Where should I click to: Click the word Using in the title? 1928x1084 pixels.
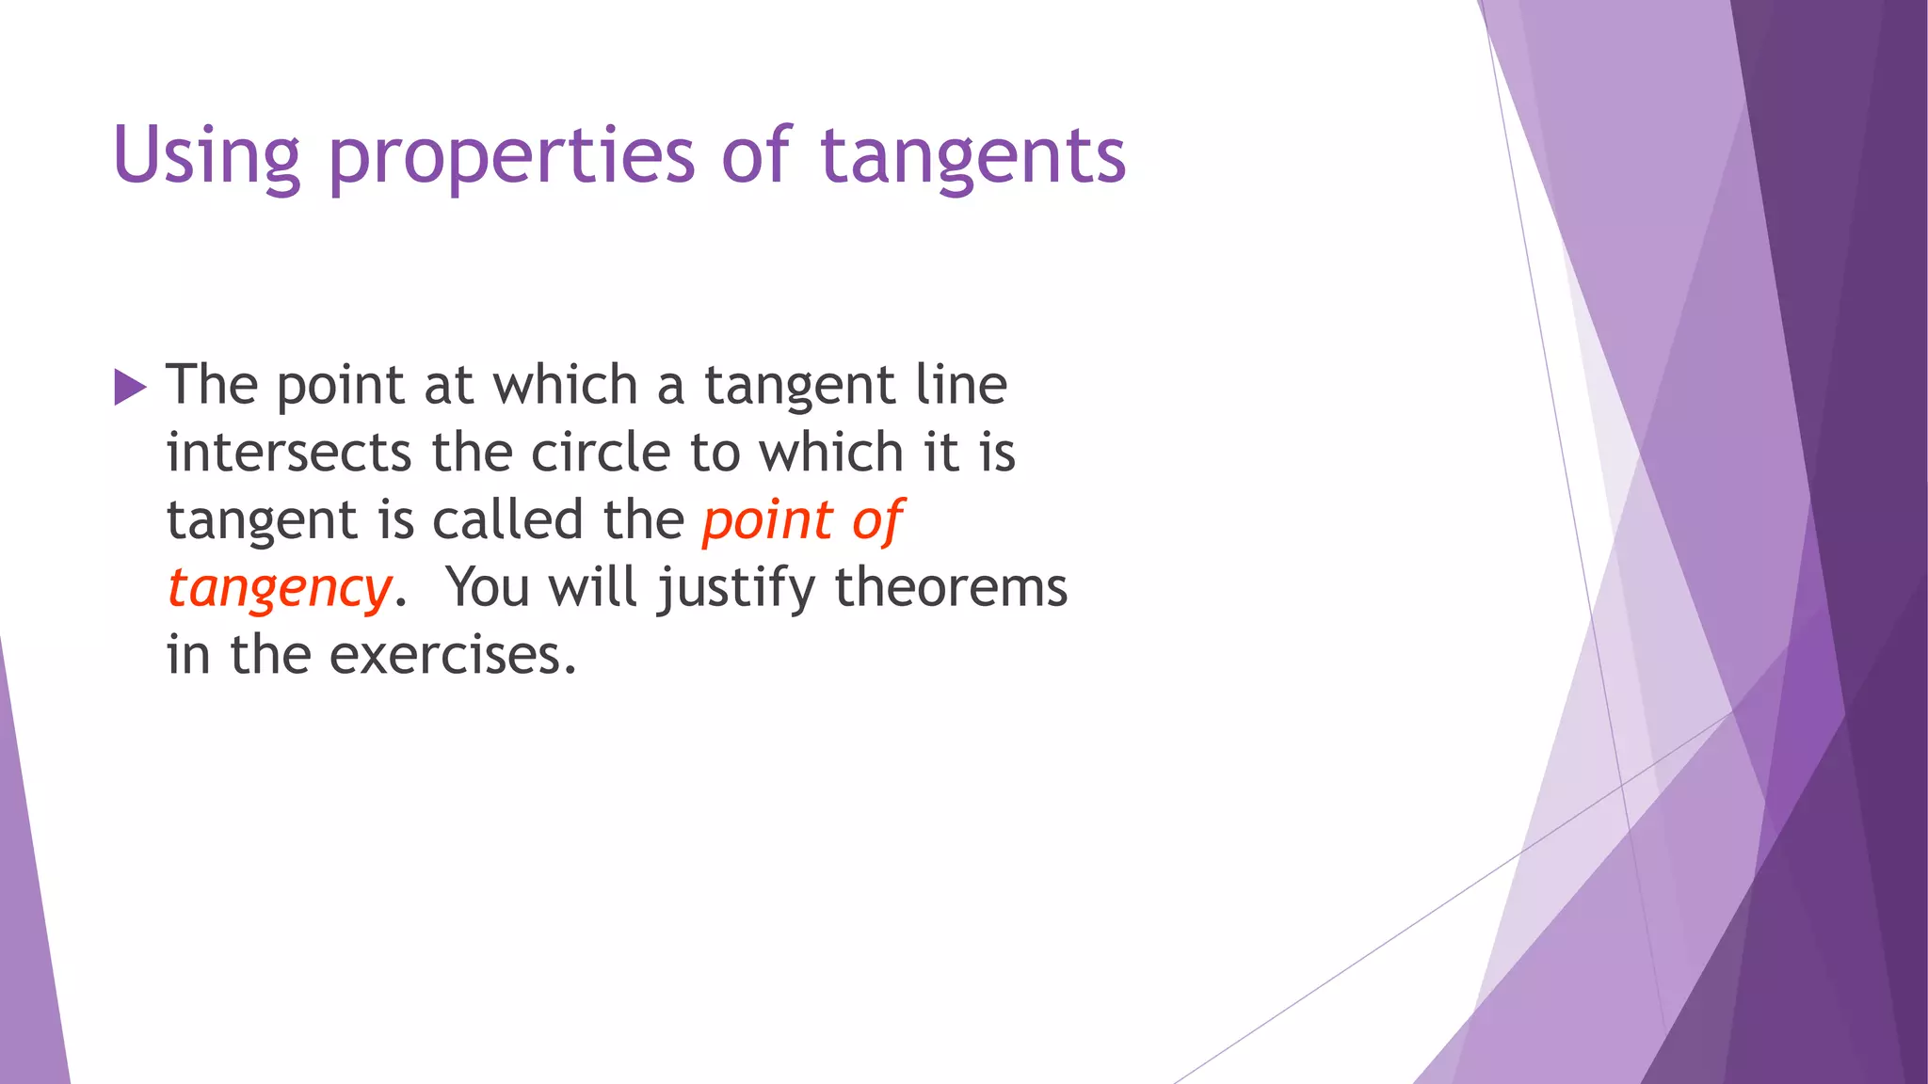click(205, 156)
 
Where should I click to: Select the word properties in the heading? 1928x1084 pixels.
click(511, 156)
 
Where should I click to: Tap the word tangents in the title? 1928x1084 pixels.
click(972, 156)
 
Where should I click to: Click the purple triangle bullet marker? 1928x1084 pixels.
click(130, 387)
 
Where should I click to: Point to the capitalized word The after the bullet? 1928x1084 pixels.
click(212, 385)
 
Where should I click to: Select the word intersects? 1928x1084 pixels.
click(288, 453)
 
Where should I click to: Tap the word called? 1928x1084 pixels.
click(507, 520)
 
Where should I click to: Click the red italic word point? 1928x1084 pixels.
click(767, 520)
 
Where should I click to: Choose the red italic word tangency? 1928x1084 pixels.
click(279, 589)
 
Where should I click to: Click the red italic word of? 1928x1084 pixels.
click(877, 520)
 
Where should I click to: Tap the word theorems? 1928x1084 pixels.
click(951, 588)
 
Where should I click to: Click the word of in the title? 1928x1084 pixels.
click(756, 156)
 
